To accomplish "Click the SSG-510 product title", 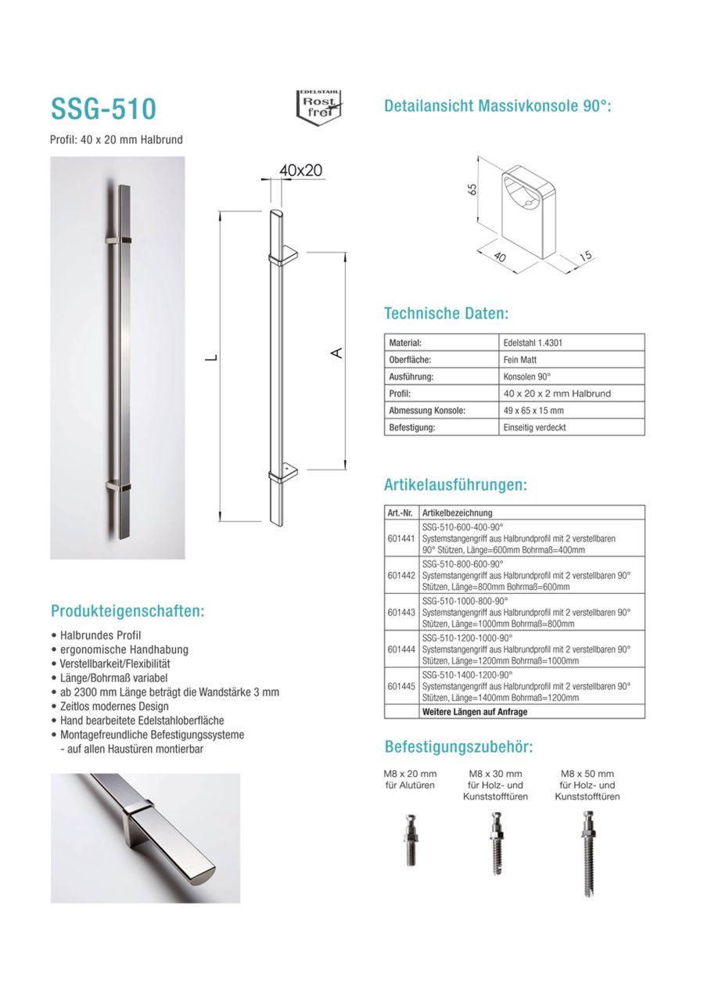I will click(x=103, y=108).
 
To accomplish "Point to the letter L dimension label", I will click(x=209, y=358).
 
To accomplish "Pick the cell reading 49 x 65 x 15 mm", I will click(x=533, y=411).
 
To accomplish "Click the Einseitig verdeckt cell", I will click(x=535, y=428).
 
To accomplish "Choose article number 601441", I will click(x=400, y=538).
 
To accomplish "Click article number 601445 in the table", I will click(x=400, y=685).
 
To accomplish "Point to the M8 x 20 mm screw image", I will click(x=410, y=840).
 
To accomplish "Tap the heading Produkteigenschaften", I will click(x=127, y=611).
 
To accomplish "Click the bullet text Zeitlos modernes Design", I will click(x=114, y=706).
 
